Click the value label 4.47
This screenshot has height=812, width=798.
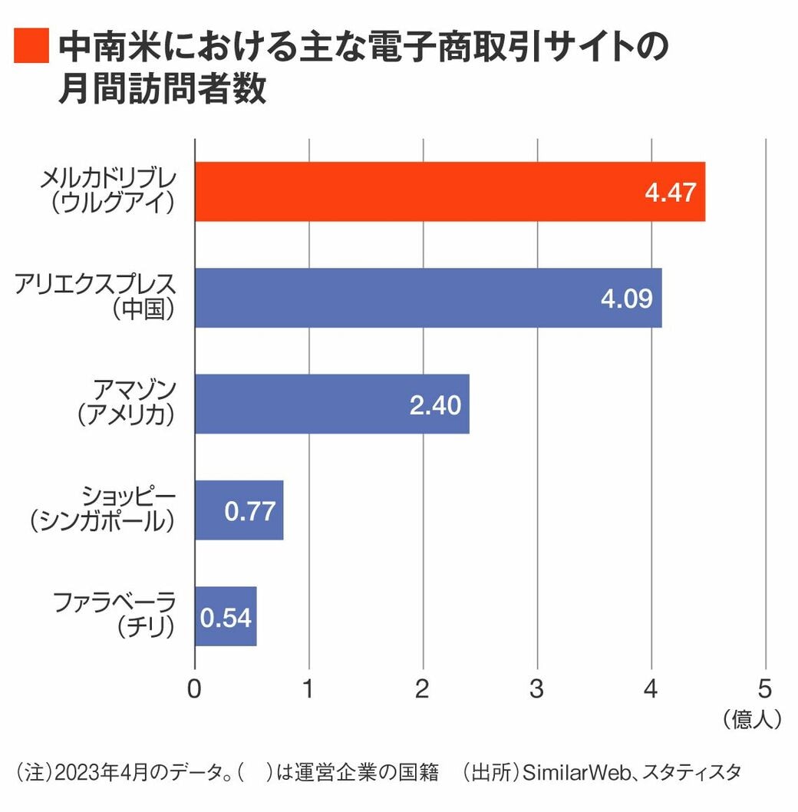pos(670,192)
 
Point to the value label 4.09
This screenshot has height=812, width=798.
pos(626,298)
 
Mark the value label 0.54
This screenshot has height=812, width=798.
pos(226,617)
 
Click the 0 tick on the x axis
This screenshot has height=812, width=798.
pos(194,688)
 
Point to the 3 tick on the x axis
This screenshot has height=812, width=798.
pos(537,688)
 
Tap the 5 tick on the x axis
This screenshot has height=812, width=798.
pos(765,688)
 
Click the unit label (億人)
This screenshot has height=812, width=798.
pos(752,719)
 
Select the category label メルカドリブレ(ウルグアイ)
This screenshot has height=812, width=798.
pos(107,192)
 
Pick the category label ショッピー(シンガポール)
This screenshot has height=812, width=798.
pos(102,510)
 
